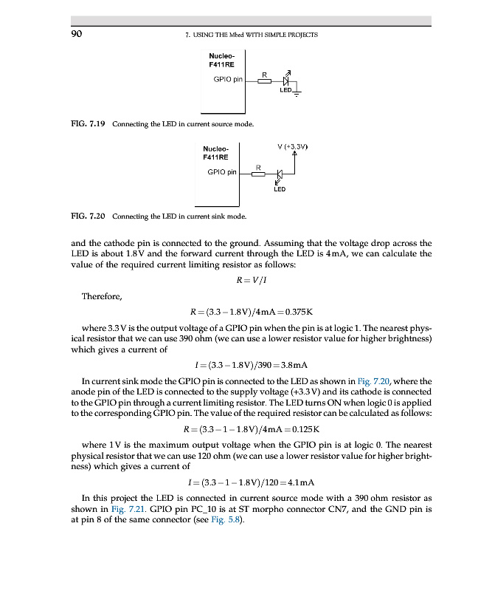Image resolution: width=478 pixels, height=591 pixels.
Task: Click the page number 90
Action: click(x=76, y=34)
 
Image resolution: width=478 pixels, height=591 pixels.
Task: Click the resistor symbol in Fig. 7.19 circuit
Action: click(x=264, y=81)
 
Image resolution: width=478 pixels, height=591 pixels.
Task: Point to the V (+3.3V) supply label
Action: click(x=292, y=147)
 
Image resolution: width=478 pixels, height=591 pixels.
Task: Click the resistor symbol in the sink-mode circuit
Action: click(x=258, y=174)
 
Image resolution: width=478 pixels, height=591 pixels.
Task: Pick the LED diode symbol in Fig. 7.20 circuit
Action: click(x=279, y=176)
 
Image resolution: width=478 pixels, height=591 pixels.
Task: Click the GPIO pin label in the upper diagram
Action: click(x=227, y=78)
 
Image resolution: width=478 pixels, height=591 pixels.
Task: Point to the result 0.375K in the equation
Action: click(x=305, y=312)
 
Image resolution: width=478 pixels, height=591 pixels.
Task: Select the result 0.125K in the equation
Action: click(x=304, y=428)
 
